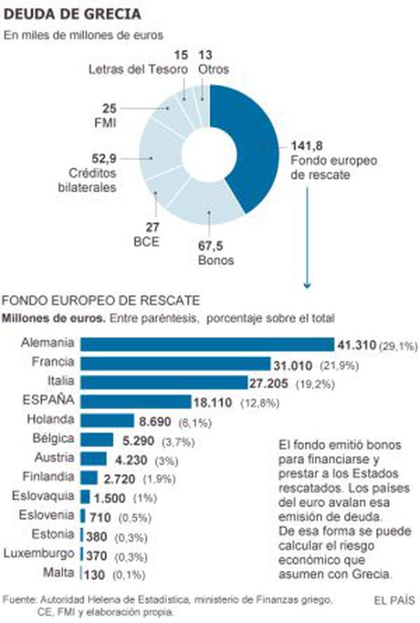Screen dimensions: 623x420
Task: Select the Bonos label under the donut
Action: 216,260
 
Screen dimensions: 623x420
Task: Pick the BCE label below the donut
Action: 147,240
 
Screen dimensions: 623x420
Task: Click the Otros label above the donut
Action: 214,69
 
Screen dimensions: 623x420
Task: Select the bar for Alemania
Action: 207,344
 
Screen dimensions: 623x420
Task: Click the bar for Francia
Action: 175,364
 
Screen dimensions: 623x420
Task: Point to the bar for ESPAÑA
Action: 136,401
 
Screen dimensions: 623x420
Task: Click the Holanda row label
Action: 50,420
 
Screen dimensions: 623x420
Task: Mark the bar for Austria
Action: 93,458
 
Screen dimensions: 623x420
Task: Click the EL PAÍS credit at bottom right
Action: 394,600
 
